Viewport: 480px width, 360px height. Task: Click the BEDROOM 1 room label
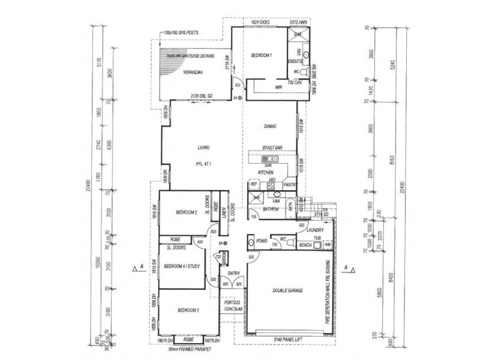262,55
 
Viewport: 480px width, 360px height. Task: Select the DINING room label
269,126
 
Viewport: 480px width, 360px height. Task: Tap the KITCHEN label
266,172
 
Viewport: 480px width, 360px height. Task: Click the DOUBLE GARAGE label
287,290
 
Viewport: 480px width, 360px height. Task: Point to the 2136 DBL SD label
202,96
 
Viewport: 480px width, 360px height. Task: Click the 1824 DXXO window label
259,22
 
